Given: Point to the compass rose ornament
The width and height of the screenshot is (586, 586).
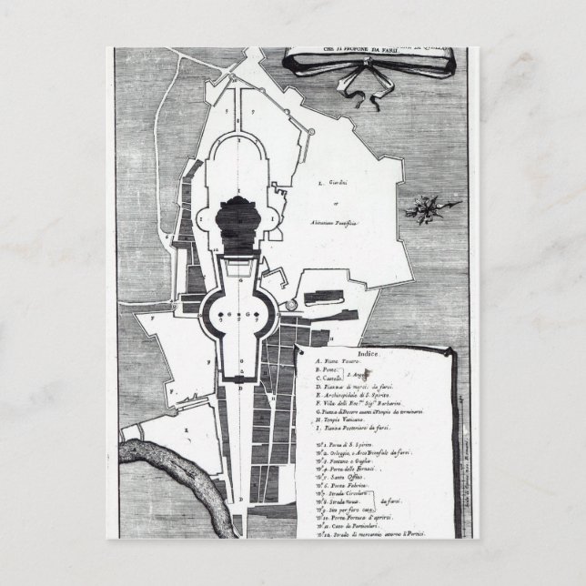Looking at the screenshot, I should (x=423, y=207).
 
